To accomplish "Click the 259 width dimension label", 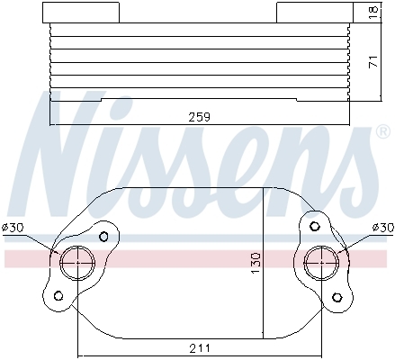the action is (200, 117).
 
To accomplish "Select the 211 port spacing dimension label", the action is (200, 348).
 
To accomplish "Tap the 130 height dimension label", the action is (256, 263).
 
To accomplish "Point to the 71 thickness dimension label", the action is (373, 61).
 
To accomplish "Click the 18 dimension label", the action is (373, 13).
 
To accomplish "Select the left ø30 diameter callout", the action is (13, 228).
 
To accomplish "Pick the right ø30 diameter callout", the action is (383, 228).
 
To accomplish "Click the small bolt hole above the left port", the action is (103, 237).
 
